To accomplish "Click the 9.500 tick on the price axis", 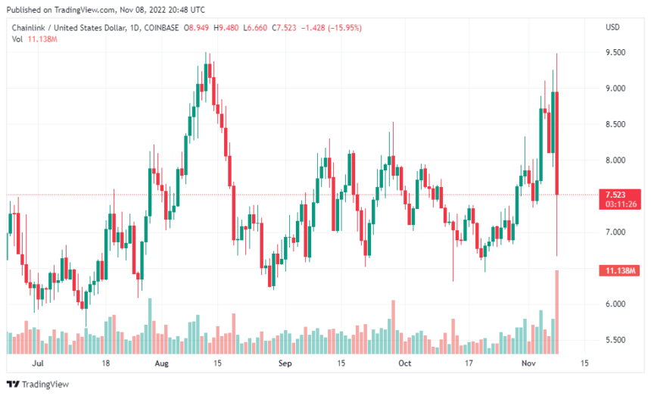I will [x=614, y=52].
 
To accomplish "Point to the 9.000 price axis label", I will [x=614, y=89].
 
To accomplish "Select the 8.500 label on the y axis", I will [x=614, y=124].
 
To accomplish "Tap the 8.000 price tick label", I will [x=614, y=161].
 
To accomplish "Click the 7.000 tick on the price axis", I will [x=614, y=232].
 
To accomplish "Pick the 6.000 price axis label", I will [x=614, y=304].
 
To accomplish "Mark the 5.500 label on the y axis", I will [x=614, y=340].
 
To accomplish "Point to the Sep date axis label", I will [x=285, y=363].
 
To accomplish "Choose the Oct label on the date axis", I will [x=405, y=363].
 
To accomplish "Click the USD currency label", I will [x=613, y=27].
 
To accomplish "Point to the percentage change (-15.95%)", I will [x=345, y=27].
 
